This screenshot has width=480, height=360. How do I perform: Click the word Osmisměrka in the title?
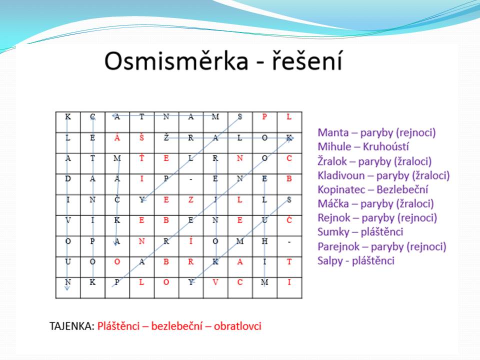(176, 60)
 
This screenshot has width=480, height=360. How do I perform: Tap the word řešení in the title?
(307, 60)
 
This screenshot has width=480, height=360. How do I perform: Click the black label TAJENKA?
(71, 326)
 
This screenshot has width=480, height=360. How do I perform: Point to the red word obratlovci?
(237, 326)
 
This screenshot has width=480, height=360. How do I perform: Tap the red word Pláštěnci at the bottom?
(118, 326)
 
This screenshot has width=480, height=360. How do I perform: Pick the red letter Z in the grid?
(190, 200)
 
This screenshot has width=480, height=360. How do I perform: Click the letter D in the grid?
(68, 178)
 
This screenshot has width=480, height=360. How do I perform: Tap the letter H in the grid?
(264, 241)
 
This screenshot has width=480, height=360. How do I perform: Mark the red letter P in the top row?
(264, 116)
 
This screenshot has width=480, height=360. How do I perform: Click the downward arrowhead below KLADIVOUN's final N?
(67, 288)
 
